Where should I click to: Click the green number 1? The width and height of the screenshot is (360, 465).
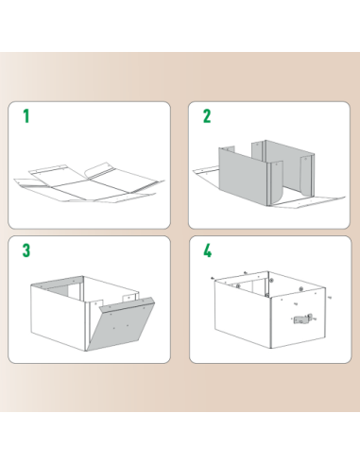click(x=26, y=116)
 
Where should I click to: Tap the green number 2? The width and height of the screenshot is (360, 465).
click(x=207, y=116)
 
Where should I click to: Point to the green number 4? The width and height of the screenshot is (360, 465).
click(x=207, y=251)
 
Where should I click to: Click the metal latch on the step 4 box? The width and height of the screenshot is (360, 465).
click(x=300, y=319)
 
